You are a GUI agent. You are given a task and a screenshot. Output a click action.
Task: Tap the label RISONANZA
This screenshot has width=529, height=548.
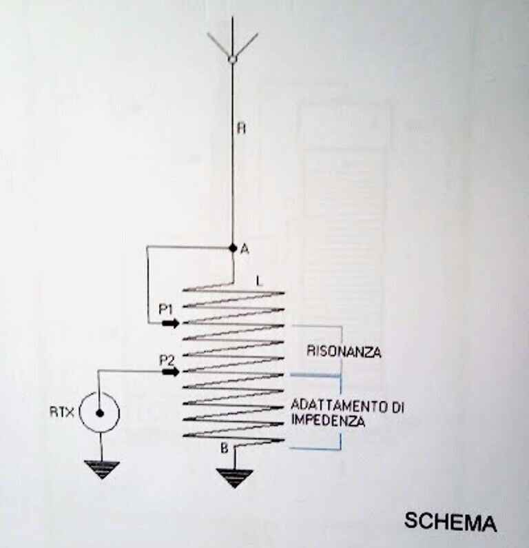[x=344, y=352]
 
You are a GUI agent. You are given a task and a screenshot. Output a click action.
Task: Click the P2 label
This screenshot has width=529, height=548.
[x=165, y=359]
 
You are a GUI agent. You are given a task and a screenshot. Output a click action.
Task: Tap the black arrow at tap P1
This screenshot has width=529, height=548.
[x=171, y=323]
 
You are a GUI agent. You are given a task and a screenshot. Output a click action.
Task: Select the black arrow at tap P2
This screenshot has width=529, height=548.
[x=171, y=372]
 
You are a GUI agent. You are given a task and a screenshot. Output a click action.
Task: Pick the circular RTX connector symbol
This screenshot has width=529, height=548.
[x=99, y=414]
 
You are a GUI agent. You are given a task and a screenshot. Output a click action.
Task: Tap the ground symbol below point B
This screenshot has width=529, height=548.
[x=234, y=477]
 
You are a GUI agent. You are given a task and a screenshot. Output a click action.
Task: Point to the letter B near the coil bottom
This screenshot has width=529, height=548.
[x=224, y=449]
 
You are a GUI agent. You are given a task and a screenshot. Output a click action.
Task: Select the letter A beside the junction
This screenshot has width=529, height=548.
[x=244, y=250]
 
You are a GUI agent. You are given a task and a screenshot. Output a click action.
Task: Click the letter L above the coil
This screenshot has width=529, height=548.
[x=257, y=281]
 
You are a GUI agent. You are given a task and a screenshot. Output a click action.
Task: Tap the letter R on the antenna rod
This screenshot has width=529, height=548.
[x=238, y=128]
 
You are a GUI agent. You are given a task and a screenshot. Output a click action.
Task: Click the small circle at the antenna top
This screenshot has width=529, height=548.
[x=233, y=61]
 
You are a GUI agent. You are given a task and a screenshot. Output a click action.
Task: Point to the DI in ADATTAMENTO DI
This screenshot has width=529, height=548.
[x=397, y=406]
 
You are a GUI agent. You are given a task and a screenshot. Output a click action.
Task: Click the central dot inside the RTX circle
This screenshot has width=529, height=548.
[x=99, y=414]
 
